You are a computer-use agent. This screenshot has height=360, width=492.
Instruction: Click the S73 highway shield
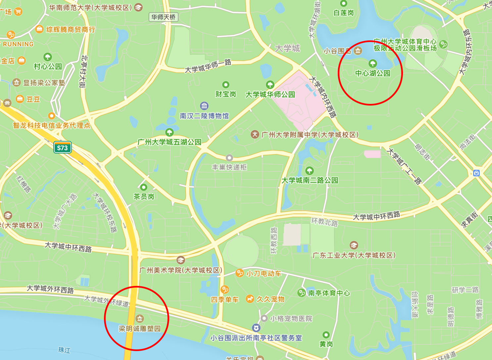(x=63, y=148)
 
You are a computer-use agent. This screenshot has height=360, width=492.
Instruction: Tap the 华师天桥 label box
(x=164, y=17)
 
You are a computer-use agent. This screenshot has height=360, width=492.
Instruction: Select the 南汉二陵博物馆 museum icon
(x=204, y=106)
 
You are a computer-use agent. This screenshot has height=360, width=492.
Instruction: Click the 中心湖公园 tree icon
(x=372, y=63)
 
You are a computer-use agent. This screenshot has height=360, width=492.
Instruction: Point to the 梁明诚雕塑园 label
(x=140, y=329)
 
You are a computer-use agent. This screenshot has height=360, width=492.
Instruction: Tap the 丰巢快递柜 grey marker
(x=229, y=158)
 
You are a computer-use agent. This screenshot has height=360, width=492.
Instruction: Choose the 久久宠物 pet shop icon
(x=250, y=299)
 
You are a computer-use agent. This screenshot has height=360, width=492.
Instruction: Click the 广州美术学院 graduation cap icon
(x=180, y=260)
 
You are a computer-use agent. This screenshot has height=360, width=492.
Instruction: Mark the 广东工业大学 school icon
(x=354, y=245)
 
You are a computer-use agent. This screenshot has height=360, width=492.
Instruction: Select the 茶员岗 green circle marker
(x=144, y=187)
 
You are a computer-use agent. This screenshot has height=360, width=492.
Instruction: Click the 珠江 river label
(x=64, y=350)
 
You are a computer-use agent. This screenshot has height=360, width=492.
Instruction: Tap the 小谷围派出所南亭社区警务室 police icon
(x=256, y=328)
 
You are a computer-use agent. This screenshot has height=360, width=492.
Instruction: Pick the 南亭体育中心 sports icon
(x=301, y=293)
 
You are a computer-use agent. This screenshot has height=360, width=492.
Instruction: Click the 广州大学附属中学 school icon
(x=255, y=134)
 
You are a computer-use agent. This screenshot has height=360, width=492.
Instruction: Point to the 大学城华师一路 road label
(x=208, y=66)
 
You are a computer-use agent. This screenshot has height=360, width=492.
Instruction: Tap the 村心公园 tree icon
(x=48, y=57)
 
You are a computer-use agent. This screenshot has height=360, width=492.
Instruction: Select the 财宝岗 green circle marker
(x=226, y=85)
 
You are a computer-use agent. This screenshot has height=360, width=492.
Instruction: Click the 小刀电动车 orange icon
(x=239, y=273)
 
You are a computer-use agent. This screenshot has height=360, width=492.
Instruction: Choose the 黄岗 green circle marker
(x=326, y=335)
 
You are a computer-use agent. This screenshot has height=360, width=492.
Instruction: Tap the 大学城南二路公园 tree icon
(x=310, y=171)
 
